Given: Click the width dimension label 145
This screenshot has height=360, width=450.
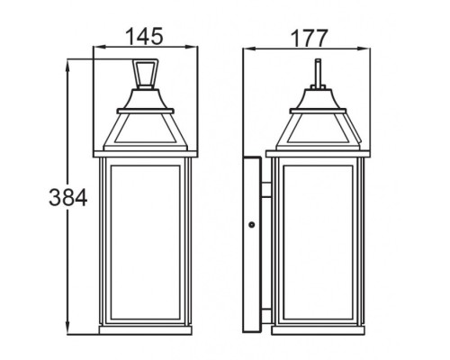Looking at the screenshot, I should tap(145, 37).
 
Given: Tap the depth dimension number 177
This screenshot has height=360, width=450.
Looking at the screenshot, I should tap(311, 37).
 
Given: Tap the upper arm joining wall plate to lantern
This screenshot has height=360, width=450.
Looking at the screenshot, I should tap(267, 189).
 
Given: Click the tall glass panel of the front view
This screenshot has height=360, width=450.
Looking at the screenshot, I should tap(145, 243).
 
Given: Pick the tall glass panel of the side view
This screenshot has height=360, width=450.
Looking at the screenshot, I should tap(317, 243).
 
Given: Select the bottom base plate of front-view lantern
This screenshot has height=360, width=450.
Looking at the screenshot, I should tap(145, 329).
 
